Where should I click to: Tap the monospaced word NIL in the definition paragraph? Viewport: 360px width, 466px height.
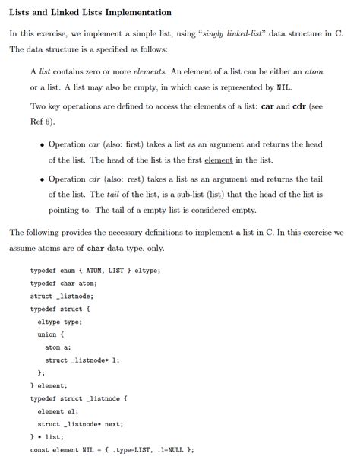[285, 87]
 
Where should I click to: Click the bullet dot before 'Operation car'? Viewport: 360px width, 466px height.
[41, 144]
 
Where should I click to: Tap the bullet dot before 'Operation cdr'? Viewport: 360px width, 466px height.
[41, 179]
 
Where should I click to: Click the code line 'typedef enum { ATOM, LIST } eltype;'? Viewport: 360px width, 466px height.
[95, 271]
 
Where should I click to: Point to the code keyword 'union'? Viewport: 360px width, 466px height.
[49, 334]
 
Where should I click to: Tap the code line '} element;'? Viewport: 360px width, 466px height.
[50, 385]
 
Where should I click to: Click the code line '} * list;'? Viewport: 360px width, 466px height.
[47, 437]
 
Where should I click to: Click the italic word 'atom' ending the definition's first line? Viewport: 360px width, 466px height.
[314, 71]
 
